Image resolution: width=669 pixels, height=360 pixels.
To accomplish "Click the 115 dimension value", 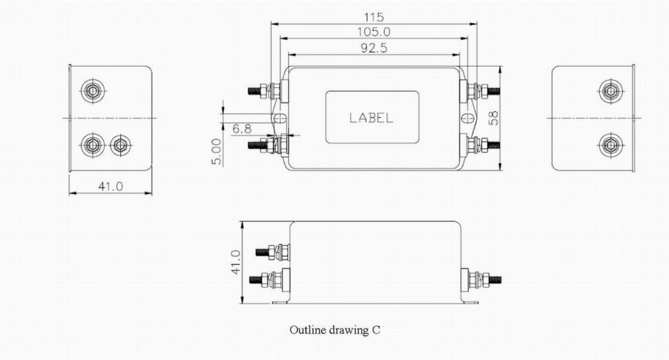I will [x=374, y=17].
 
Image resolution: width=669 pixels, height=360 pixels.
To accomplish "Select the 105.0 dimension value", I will [x=374, y=31].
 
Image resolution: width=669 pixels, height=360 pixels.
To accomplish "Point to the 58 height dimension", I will [x=494, y=118].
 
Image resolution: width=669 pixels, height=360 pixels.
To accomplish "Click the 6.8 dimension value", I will [x=242, y=129].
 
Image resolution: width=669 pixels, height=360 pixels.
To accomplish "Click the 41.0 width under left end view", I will [x=110, y=186].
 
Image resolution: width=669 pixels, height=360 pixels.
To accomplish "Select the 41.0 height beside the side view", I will [x=236, y=262].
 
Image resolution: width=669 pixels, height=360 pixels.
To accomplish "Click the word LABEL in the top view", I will [x=371, y=118].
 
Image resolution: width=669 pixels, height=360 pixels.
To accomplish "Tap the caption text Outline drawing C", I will [x=334, y=330].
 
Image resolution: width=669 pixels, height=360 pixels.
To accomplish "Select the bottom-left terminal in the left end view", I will [x=92, y=144].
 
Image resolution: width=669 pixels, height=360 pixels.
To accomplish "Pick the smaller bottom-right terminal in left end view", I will [x=120, y=144].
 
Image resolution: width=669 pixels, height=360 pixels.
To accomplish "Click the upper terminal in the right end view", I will [x=610, y=91].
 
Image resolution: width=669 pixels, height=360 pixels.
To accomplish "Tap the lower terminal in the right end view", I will [x=610, y=144].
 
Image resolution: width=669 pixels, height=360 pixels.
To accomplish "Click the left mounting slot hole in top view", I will [x=278, y=119].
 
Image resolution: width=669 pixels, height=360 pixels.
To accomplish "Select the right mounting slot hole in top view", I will [x=466, y=119].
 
